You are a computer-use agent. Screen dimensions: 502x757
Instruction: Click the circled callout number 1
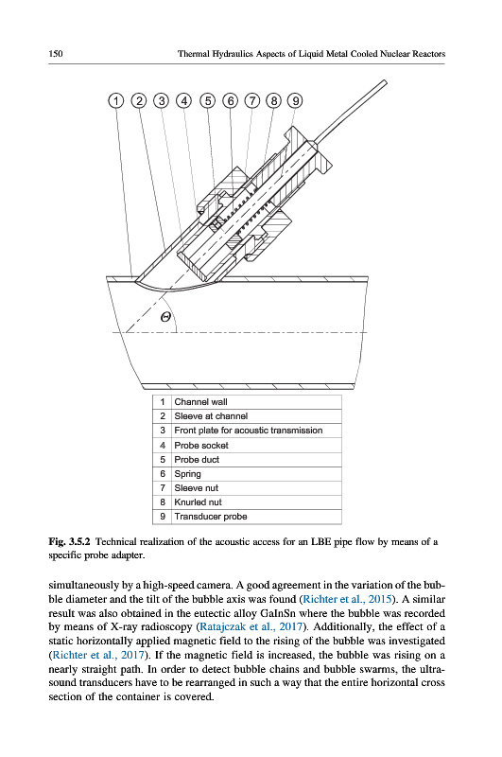[115, 101]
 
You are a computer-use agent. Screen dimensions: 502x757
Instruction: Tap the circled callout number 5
[208, 101]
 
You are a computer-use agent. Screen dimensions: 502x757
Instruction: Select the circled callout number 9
[295, 101]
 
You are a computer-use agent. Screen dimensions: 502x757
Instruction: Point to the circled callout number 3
[162, 101]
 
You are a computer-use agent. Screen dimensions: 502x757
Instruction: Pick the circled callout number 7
[252, 101]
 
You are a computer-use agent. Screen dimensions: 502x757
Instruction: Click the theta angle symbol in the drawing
[165, 317]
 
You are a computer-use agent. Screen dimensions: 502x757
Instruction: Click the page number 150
[56, 54]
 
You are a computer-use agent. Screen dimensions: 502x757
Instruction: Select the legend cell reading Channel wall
[256, 402]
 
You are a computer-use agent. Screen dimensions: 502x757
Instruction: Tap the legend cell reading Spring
[256, 474]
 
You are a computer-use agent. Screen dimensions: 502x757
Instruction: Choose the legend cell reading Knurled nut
[256, 502]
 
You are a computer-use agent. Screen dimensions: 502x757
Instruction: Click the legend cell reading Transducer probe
[256, 517]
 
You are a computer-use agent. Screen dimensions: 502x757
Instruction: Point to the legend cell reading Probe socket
[256, 445]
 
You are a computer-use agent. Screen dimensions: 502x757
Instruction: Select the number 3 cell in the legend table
[163, 431]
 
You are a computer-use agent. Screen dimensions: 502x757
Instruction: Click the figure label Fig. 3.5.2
[69, 541]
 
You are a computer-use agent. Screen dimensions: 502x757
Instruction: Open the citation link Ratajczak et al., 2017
[251, 627]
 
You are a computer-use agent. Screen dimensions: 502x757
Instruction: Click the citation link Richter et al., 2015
[346, 600]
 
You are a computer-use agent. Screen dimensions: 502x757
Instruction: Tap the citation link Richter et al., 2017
[98, 655]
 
